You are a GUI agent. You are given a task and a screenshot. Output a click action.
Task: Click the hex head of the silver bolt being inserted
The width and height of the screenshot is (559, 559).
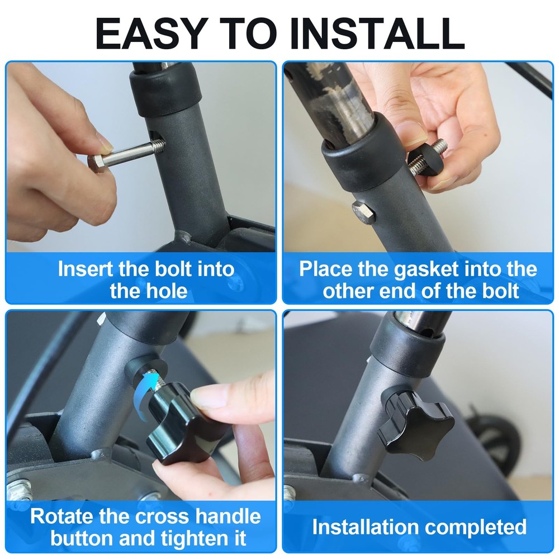tap(96, 162)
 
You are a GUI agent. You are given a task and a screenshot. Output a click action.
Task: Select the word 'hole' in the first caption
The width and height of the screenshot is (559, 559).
tap(167, 291)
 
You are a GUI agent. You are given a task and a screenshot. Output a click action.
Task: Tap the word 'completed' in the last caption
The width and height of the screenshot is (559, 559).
tap(476, 528)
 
